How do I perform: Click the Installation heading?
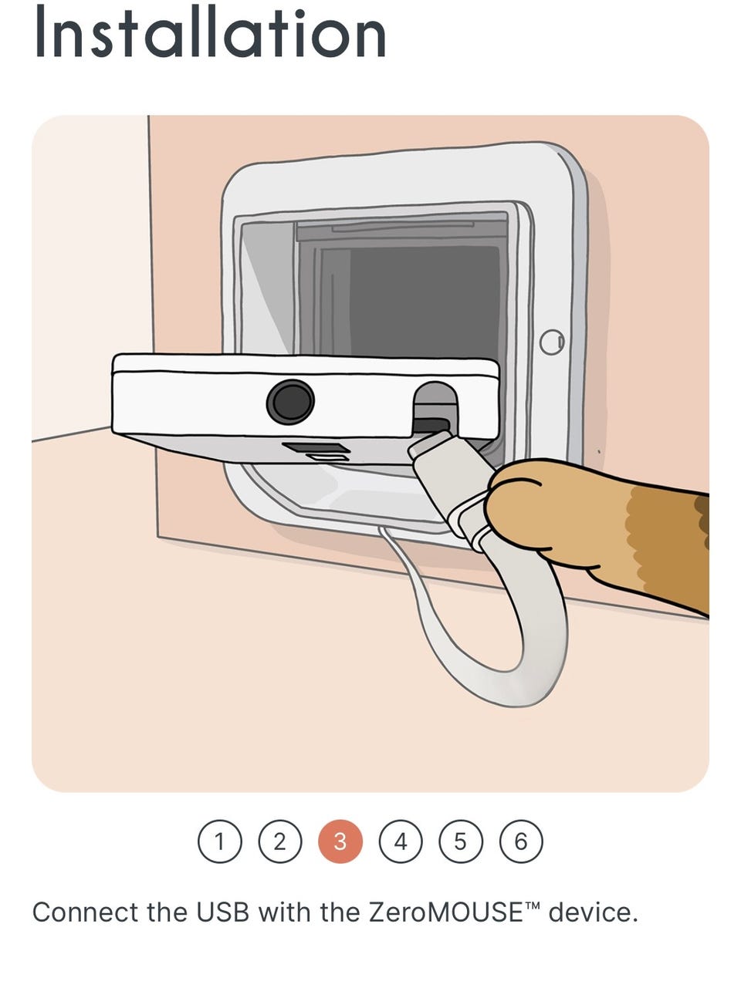211,32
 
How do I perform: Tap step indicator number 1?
220,841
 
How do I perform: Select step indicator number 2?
279,841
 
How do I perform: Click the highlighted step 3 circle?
340,841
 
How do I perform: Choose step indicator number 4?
401,841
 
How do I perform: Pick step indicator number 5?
460,841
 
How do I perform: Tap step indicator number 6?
521,841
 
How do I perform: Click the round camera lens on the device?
290,402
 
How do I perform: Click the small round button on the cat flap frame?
552,342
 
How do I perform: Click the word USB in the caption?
222,912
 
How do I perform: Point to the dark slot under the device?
316,448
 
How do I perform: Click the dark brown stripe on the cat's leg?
702,522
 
